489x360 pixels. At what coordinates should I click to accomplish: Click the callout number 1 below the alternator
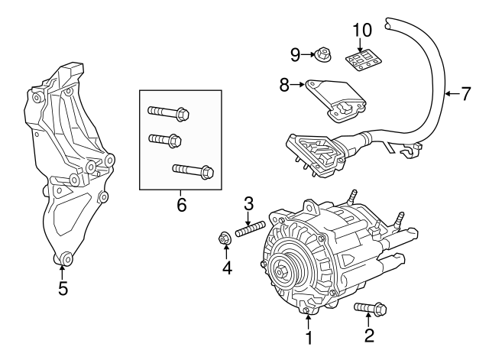click(309, 337)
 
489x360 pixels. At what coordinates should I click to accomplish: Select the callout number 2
click(370, 336)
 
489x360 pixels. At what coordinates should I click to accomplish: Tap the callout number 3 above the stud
click(249, 203)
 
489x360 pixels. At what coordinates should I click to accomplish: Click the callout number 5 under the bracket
click(63, 288)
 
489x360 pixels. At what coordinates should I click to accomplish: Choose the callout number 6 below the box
click(180, 204)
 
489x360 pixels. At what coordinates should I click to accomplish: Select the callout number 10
click(362, 31)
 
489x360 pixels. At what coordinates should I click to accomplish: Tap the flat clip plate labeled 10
click(363, 60)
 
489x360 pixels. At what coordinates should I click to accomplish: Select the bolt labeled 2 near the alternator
click(371, 309)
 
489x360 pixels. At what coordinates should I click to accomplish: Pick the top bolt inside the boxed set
click(166, 114)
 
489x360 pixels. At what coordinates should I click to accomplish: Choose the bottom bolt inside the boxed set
click(193, 170)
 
